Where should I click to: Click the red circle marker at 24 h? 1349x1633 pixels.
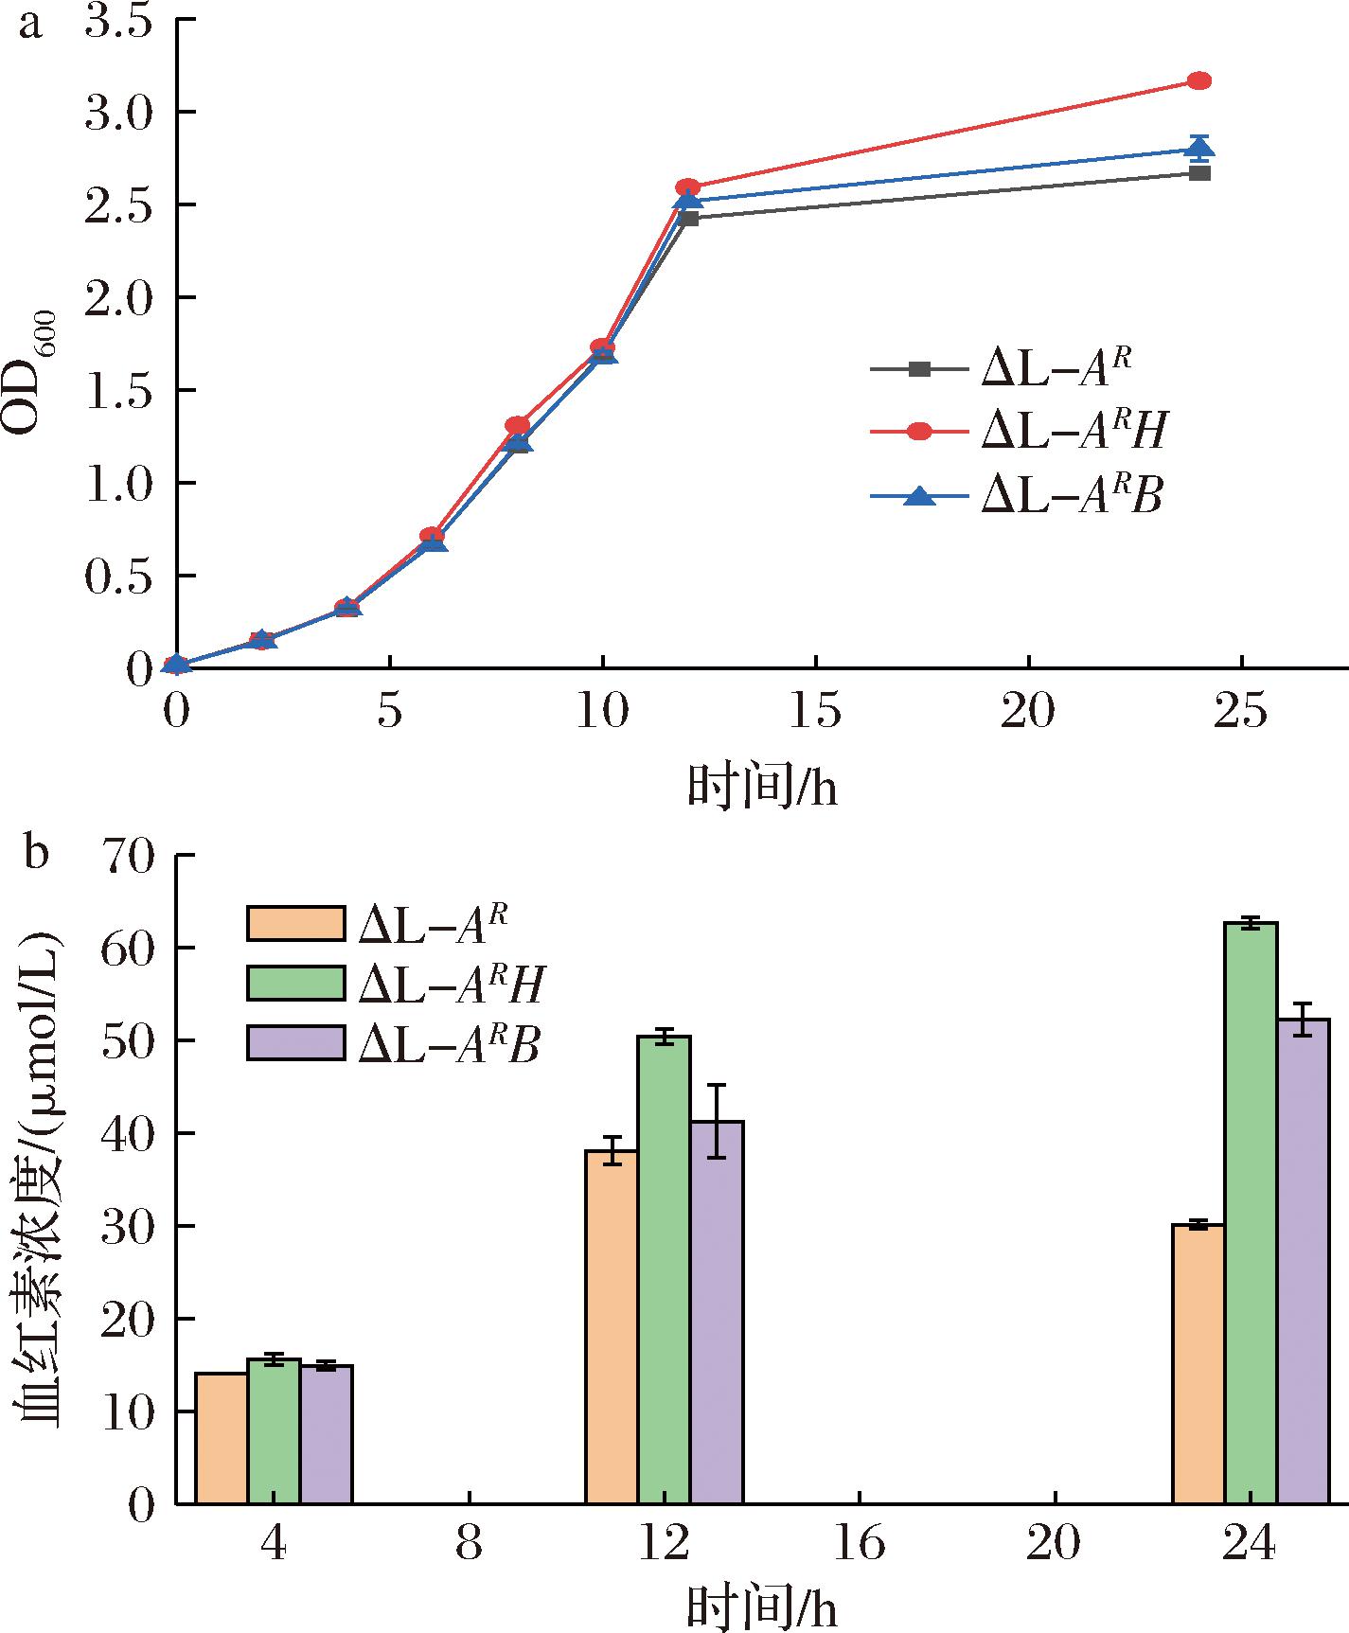click(1199, 80)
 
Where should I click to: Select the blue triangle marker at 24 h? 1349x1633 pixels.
click(1199, 147)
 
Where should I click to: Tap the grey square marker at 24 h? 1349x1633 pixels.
click(1199, 173)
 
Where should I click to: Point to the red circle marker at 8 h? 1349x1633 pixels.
click(517, 425)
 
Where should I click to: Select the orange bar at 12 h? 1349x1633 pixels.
click(612, 1325)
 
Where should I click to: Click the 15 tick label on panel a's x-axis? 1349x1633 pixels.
click(815, 713)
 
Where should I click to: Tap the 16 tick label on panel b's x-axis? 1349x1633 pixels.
click(859, 1545)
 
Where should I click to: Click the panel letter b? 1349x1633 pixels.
click(35, 852)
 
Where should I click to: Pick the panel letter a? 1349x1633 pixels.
click(30, 23)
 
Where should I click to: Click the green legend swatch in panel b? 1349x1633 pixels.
click(295, 983)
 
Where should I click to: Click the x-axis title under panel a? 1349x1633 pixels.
click(762, 786)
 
